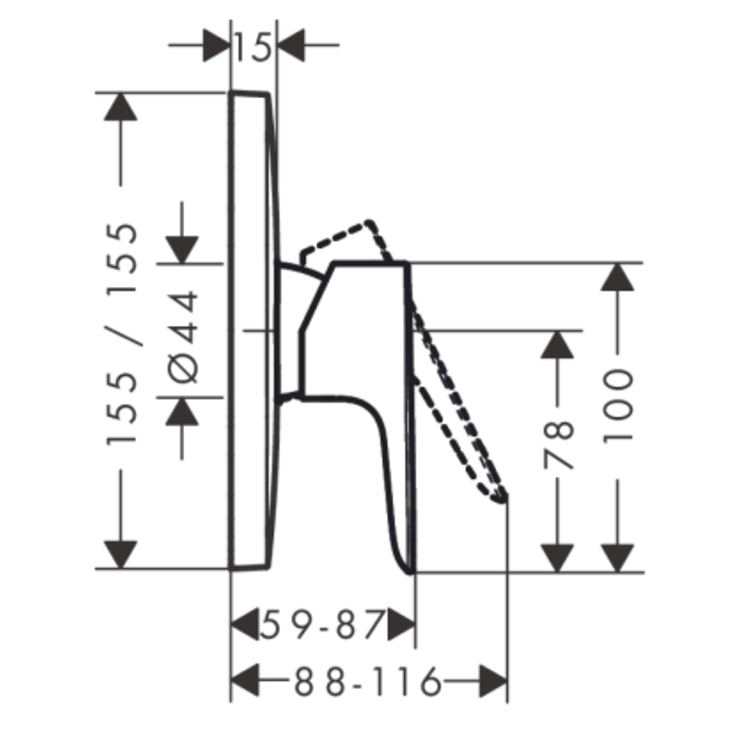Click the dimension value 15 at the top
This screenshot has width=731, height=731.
(253, 47)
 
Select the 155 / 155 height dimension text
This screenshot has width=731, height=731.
(122, 334)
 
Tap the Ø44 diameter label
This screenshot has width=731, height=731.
(182, 336)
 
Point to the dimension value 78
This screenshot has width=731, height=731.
(557, 445)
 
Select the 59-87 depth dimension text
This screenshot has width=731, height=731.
(323, 625)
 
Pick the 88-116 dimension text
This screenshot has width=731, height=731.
(367, 682)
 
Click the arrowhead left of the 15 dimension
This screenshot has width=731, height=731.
(217, 45)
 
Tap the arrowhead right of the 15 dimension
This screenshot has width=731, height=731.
(291, 45)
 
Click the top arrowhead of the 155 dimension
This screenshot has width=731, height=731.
(121, 107)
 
